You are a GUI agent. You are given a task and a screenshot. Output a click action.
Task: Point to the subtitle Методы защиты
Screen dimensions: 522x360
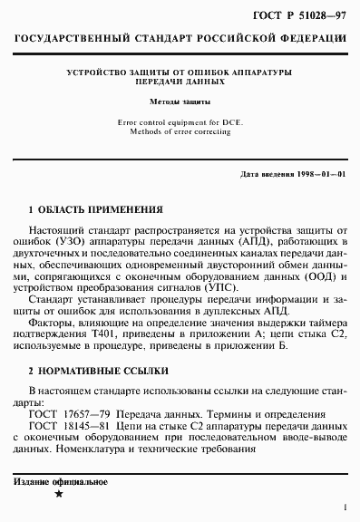tap(180, 102)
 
